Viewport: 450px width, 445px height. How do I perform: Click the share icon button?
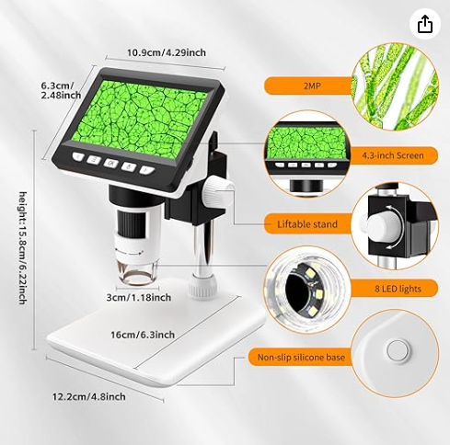(x=425, y=24)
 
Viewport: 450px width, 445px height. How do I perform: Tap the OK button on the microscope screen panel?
(x=111, y=164)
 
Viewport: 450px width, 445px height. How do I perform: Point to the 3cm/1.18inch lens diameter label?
(x=139, y=297)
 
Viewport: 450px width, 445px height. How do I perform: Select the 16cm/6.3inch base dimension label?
(x=143, y=335)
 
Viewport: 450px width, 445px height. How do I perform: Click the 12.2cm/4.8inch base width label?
(x=89, y=396)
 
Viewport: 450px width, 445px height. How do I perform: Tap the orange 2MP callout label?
(x=312, y=86)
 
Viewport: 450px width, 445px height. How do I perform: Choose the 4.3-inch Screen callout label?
(x=393, y=155)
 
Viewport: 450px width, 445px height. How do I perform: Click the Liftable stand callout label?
(x=307, y=224)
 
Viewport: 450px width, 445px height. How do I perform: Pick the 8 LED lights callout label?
(x=398, y=289)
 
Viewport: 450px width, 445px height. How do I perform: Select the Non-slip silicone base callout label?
(x=301, y=357)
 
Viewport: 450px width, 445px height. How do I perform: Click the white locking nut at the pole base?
(x=203, y=286)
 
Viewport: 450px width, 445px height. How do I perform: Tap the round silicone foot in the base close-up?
(x=398, y=351)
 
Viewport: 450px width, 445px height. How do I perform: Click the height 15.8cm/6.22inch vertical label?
(x=23, y=248)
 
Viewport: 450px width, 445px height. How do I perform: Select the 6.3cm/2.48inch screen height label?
(x=61, y=90)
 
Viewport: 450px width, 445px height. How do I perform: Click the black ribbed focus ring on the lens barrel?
(x=128, y=222)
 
